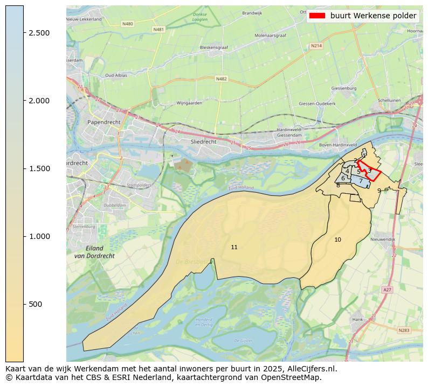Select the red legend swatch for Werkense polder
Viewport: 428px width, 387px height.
coord(317,16)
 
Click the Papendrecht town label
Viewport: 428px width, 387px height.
coord(103,122)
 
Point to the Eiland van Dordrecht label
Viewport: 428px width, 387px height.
coord(94,252)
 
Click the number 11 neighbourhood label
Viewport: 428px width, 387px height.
coord(234,248)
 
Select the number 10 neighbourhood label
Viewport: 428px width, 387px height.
coord(337,240)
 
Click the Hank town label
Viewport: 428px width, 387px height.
coord(357,319)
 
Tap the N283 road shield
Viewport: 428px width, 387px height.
coord(404,330)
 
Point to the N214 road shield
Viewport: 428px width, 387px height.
coord(316,46)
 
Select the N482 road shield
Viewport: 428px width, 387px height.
coord(221,79)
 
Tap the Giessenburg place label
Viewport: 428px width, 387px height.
coord(344,87)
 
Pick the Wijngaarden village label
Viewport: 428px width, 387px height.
coord(189,103)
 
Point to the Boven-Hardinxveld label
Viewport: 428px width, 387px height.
coord(338,145)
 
